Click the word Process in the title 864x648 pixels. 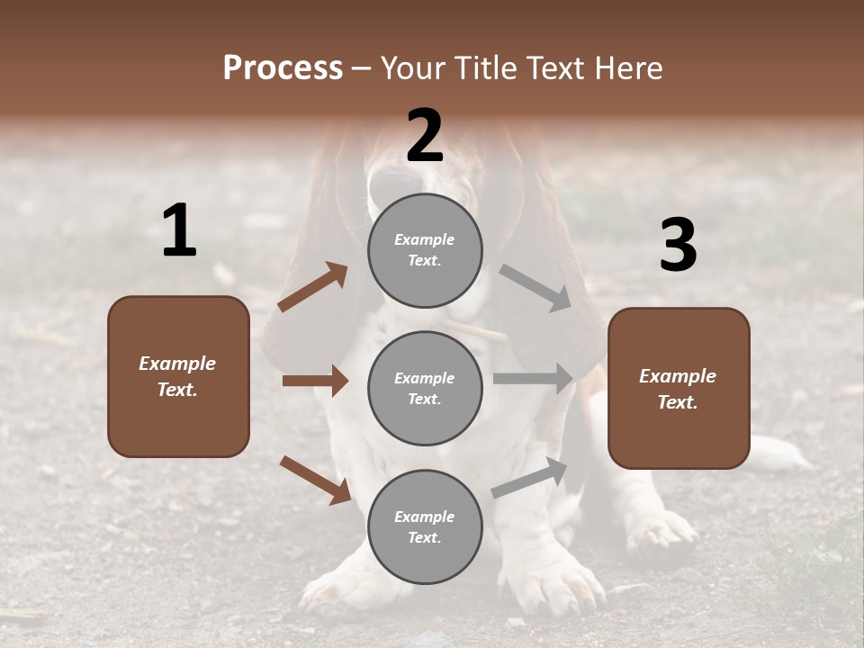point(283,68)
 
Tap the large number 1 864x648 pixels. point(179,231)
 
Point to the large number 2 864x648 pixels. point(425,136)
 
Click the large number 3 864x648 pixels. point(678,246)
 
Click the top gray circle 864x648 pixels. point(425,250)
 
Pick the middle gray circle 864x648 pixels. point(425,388)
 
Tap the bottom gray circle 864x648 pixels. point(425,526)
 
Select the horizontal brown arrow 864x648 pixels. point(315,381)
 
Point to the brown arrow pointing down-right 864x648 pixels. point(315,479)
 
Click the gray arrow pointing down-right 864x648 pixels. point(535,288)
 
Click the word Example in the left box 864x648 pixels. point(177,364)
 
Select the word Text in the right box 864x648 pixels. point(678,402)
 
